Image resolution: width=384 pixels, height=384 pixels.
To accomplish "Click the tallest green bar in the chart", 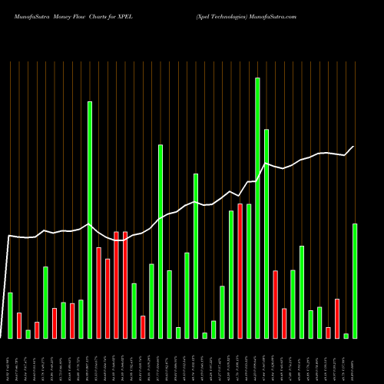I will click(257, 207).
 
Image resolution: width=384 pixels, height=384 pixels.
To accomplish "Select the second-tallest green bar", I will click(89, 220).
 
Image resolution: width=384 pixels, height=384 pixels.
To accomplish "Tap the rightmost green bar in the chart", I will click(355, 280).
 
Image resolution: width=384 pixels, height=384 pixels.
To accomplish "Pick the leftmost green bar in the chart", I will click(10, 315).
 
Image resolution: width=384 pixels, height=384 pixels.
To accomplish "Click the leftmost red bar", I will click(19, 325).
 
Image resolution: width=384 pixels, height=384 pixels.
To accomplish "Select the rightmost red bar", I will click(337, 318).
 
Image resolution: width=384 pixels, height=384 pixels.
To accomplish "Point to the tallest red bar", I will click(240, 270).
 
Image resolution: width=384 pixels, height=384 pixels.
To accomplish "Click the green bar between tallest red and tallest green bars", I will click(249, 270).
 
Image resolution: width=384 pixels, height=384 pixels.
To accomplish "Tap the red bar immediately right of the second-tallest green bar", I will click(98, 293).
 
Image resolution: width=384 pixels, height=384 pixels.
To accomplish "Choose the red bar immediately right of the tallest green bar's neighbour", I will click(275, 304).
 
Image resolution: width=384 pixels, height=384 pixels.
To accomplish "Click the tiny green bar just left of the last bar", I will click(346, 336).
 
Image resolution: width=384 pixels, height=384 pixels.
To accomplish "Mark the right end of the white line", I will click(354, 147).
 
